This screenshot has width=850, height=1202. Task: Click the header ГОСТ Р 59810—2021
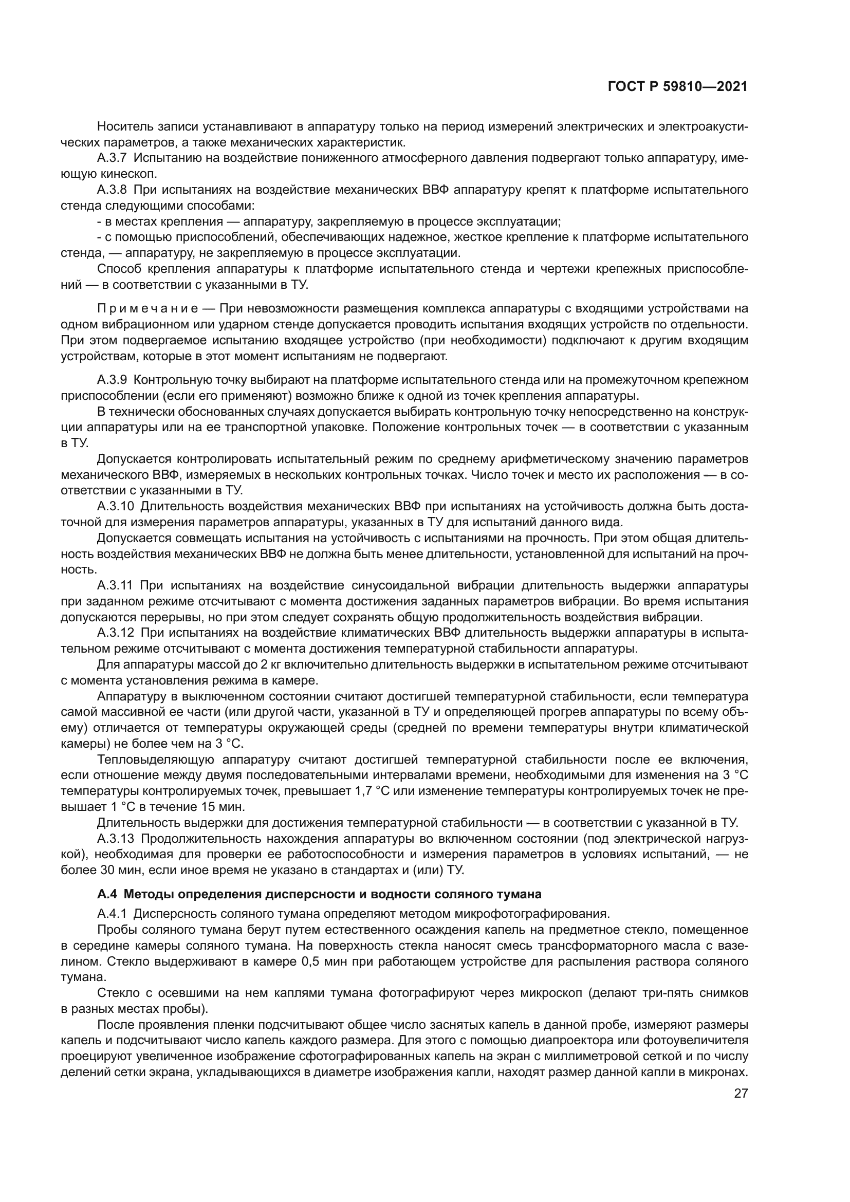point(677,87)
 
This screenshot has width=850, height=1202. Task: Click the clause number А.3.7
point(112,158)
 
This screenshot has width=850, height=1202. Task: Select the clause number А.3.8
point(112,190)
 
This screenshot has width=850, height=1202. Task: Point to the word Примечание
point(146,308)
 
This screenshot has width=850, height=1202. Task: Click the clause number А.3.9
point(112,380)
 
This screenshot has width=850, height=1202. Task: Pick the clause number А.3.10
point(115,506)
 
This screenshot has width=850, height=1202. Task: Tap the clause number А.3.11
point(115,585)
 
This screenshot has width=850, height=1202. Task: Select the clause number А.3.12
point(115,633)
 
